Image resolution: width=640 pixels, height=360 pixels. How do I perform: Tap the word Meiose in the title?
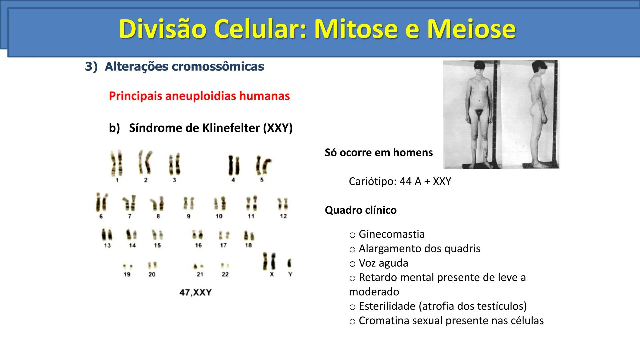[x=471, y=29]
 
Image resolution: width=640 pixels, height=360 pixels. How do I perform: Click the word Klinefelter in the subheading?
[x=227, y=128]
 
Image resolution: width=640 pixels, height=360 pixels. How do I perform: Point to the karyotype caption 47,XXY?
[x=195, y=292]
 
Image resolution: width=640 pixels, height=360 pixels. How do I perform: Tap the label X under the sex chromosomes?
[x=272, y=274]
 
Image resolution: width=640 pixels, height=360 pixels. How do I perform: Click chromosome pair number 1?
[x=117, y=163]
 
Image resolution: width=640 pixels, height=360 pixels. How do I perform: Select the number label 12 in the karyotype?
[x=283, y=216]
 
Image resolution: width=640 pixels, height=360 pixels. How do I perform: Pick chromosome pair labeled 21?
[x=199, y=267]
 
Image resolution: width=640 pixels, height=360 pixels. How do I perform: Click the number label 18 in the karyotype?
[x=248, y=245]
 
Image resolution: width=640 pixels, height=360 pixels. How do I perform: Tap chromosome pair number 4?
[x=233, y=165]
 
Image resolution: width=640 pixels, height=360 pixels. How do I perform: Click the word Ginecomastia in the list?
[x=392, y=234]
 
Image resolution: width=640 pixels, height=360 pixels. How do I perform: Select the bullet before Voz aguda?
[x=352, y=264]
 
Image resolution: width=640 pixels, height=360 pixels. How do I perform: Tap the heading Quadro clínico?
[x=361, y=210]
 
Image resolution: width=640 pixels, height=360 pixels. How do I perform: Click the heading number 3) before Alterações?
[x=91, y=66]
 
